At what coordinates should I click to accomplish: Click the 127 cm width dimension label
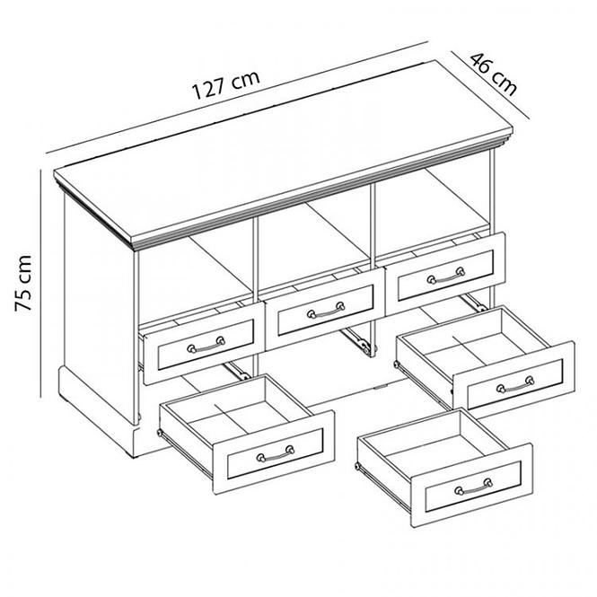tap(226, 85)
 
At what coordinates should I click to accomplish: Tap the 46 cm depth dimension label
tap(494, 74)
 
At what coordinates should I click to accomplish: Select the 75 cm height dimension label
tap(22, 283)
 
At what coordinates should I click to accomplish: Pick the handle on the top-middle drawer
tap(326, 310)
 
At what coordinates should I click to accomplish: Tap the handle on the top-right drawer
tap(446, 276)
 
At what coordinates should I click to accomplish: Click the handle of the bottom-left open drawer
tap(276, 453)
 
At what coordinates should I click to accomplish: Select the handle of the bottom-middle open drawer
tap(473, 487)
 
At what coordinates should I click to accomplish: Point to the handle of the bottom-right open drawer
tap(515, 384)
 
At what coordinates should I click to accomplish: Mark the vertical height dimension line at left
tap(40, 284)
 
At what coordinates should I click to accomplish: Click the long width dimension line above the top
tap(237, 97)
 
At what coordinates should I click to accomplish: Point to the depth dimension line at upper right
tap(490, 85)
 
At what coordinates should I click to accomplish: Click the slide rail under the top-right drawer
tap(473, 302)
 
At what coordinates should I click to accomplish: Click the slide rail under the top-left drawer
tap(237, 372)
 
